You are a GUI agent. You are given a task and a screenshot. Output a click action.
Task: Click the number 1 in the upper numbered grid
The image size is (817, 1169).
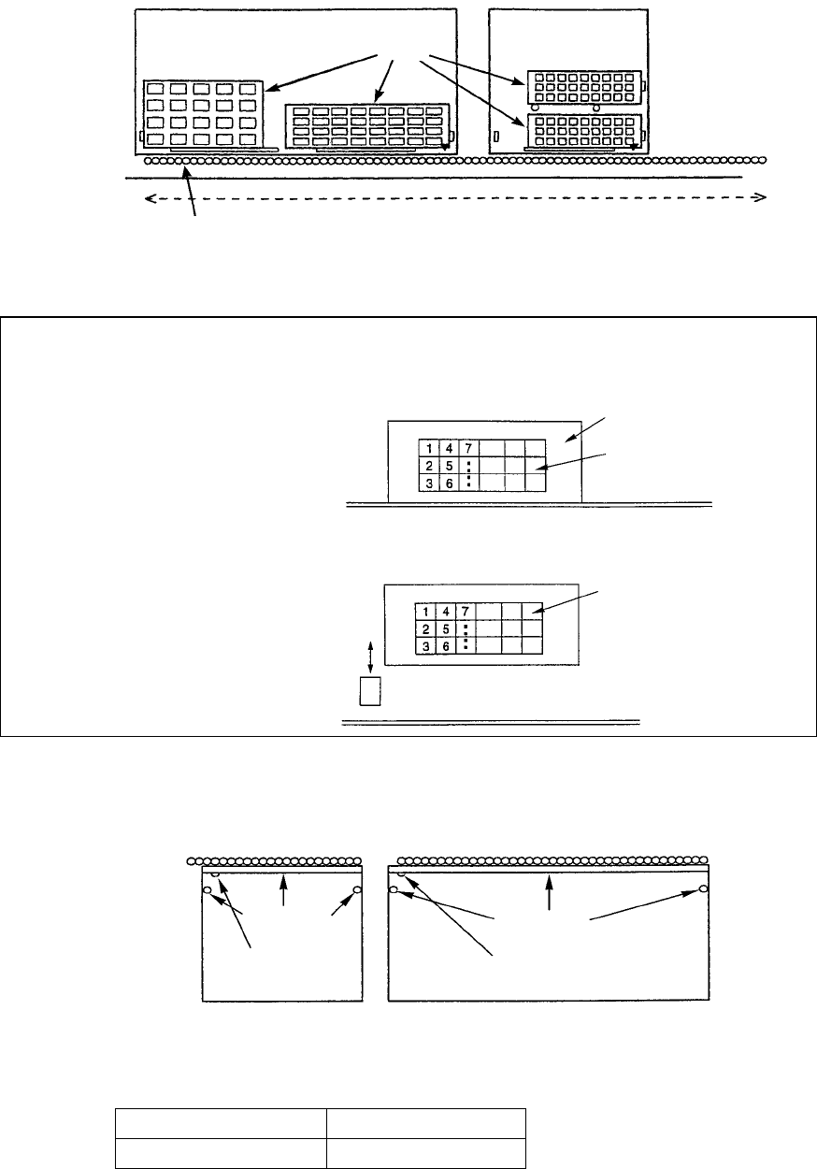tap(425, 448)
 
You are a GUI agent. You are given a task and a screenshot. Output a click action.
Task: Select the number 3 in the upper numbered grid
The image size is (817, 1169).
tap(425, 482)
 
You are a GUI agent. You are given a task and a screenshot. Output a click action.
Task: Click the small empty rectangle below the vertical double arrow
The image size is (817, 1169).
tap(371, 692)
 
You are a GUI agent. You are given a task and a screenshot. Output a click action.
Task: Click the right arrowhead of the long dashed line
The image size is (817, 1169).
tap(761, 197)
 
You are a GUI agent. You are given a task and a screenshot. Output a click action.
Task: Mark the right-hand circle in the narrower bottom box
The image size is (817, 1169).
tap(357, 889)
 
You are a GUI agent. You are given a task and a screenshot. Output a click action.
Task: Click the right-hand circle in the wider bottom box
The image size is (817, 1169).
tap(704, 889)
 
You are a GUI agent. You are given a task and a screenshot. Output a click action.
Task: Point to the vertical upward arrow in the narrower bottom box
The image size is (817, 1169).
tap(284, 890)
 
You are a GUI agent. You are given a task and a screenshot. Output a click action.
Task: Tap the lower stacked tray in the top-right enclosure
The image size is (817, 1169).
tap(583, 131)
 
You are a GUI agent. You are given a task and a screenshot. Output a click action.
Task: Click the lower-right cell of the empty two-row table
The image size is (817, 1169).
tap(425, 1153)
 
